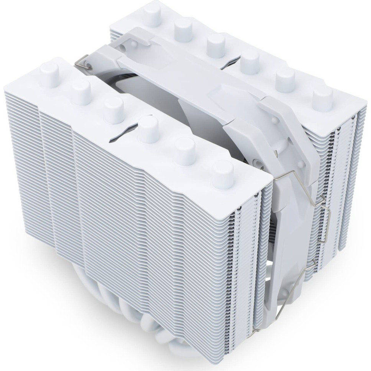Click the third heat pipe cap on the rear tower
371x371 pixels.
216,44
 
